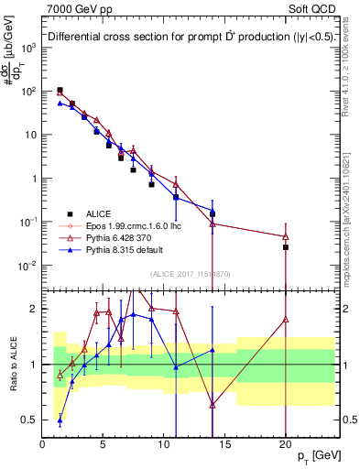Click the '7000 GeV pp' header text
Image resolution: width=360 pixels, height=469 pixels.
point(76,8)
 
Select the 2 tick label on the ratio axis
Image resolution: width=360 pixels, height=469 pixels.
point(36,309)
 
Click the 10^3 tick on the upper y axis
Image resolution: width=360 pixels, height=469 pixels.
point(28,48)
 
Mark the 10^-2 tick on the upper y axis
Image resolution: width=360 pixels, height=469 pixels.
point(28,266)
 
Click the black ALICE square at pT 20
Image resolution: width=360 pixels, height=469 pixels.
point(285,247)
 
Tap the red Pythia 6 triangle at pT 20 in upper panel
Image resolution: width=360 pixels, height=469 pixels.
point(285,236)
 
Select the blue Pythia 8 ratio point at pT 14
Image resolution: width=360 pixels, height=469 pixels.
point(213,350)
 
